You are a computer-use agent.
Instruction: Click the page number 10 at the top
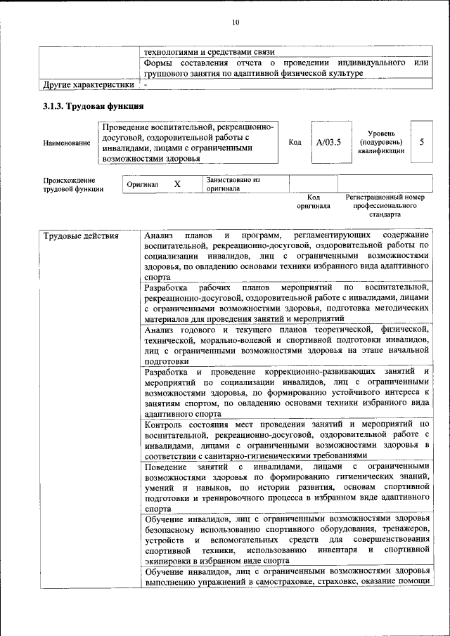[236, 23]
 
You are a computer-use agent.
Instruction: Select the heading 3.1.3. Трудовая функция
[94, 106]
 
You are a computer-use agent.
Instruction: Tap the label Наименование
[67, 143]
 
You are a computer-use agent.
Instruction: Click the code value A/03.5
[328, 142]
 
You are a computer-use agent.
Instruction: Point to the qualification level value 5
[422, 142]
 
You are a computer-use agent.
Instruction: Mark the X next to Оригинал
[178, 183]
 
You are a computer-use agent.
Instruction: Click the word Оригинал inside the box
[142, 184]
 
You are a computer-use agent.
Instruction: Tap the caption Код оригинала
[314, 202]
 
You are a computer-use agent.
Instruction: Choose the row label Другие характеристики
[88, 86]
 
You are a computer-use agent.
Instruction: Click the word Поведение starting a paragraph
[165, 467]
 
